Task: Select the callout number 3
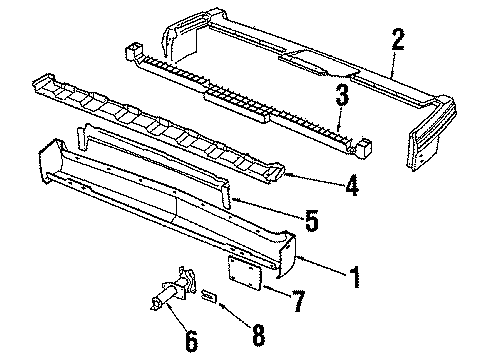[x=341, y=96]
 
